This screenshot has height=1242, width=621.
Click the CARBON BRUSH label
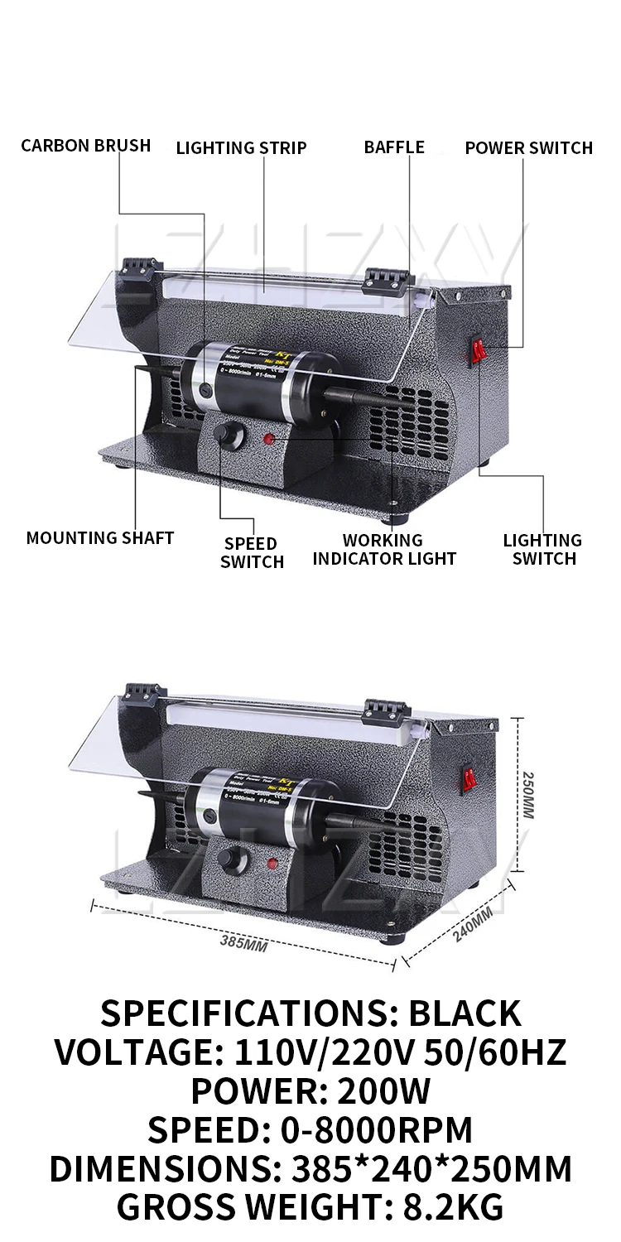click(86, 146)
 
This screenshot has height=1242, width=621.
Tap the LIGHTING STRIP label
click(241, 147)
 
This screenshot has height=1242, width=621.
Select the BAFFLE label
click(394, 147)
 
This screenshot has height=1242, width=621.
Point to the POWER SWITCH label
click(528, 147)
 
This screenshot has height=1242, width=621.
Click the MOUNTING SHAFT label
click(100, 537)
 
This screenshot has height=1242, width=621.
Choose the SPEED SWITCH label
click(252, 552)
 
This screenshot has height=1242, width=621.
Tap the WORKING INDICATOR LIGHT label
click(384, 549)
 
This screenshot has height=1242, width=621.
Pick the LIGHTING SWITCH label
click(542, 549)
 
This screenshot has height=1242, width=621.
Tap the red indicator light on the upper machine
click(269, 439)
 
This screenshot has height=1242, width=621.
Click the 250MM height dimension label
click(527, 795)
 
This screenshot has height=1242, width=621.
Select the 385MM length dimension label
click(243, 941)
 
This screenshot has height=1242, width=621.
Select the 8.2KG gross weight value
click(454, 1207)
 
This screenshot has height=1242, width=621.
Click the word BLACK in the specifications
click(465, 1013)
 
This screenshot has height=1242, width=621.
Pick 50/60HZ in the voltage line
click(495, 1052)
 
